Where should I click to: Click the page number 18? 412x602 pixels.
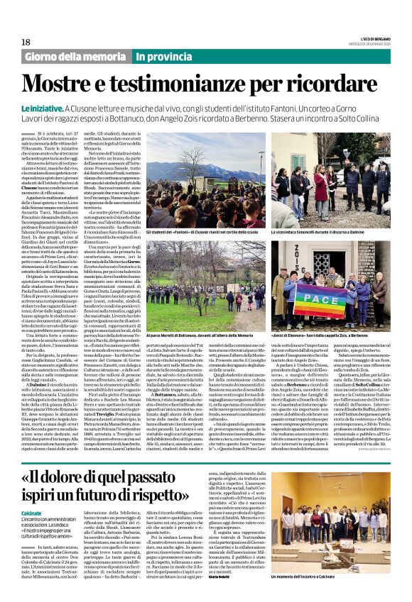click(x=26, y=43)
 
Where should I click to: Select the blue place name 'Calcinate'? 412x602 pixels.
click(x=34, y=491)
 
